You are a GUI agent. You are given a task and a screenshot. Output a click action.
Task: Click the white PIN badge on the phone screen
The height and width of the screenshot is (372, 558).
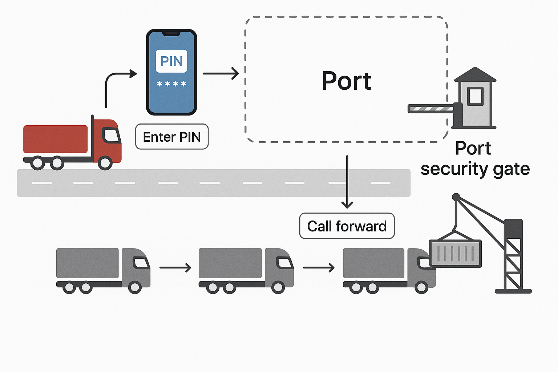coord(171,61)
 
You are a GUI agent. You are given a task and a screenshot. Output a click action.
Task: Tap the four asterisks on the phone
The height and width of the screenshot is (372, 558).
coord(171,84)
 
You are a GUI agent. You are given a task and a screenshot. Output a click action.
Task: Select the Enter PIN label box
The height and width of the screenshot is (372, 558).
coord(172,137)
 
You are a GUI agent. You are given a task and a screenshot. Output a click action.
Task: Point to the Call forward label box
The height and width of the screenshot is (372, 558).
coord(347,226)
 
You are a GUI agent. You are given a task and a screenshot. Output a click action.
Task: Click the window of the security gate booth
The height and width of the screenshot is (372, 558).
coord(475,96)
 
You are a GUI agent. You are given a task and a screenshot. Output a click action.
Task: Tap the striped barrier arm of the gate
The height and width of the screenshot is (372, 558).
coord(431,108)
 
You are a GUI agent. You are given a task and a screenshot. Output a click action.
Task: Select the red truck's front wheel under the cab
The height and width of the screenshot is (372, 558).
coord(105,163)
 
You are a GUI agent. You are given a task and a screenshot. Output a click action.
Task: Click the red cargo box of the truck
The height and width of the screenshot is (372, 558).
coord(55,139)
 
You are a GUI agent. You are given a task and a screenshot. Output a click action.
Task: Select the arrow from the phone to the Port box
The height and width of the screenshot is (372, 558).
coord(221,73)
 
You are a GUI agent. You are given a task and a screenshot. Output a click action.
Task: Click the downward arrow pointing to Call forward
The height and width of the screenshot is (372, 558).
coord(347,182)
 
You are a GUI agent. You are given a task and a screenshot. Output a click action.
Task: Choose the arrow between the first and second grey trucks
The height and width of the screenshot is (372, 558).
coord(175,268)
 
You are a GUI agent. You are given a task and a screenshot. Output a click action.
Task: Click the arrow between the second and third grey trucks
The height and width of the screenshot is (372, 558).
coord(319,268)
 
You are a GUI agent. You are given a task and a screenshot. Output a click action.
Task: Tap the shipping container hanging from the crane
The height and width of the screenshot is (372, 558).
coord(456,253)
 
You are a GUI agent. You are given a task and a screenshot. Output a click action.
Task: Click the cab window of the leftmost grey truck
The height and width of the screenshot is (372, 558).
coord(141,263)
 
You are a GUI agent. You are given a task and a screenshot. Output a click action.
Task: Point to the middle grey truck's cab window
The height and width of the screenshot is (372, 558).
coord(284,263)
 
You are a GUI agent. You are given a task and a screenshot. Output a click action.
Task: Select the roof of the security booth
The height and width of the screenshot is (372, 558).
coord(475,75)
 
